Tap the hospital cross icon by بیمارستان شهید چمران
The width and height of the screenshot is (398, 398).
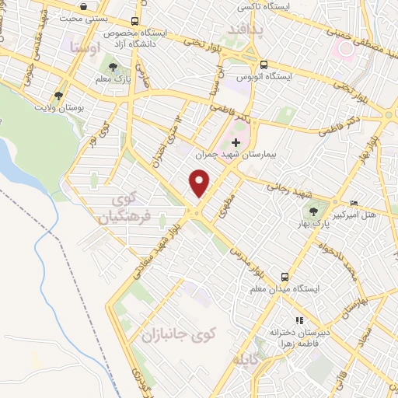[236, 141]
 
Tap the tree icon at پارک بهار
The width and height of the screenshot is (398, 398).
[313, 210]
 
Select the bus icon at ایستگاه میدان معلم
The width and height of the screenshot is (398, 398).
[285, 277]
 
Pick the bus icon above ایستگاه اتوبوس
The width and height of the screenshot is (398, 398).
[264, 65]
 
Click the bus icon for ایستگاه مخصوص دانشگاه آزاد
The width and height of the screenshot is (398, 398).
[135, 22]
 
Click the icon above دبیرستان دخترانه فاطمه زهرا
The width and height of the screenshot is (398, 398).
[298, 319]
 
